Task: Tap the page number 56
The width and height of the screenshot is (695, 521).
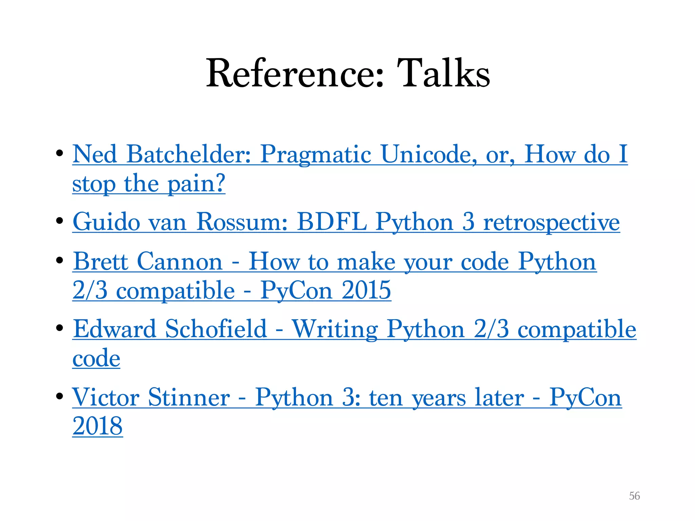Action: click(x=634, y=496)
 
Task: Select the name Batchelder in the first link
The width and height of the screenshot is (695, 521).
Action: click(x=189, y=154)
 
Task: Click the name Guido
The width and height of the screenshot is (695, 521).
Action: click(x=106, y=222)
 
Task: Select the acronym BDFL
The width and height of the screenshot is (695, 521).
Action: click(x=332, y=222)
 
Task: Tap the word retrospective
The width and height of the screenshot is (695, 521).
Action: click(x=551, y=222)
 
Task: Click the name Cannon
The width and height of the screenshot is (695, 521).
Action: click(x=180, y=262)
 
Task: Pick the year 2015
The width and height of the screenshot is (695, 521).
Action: click(x=366, y=290)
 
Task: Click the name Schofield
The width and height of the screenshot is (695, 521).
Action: click(x=216, y=329)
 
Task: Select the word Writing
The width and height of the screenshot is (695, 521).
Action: click(x=335, y=329)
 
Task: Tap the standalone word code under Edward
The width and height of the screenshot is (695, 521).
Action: click(x=96, y=358)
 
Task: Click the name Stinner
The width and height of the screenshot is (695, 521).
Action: click(x=189, y=397)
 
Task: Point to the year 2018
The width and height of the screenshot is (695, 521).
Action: click(x=97, y=426)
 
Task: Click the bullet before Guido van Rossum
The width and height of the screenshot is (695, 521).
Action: click(x=60, y=221)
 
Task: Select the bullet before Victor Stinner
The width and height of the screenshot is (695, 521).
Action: click(x=60, y=396)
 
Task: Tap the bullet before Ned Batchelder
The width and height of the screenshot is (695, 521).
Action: click(x=60, y=153)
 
